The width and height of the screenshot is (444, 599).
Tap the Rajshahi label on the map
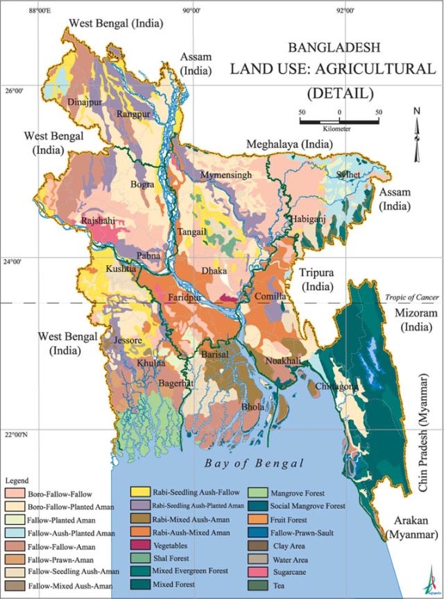tap(98, 221)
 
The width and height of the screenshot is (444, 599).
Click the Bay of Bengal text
tap(254, 463)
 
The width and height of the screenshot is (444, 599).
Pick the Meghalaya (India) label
tap(289, 144)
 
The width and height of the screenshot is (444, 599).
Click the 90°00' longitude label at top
tap(192, 10)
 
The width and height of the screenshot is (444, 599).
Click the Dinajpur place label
tap(85, 102)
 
